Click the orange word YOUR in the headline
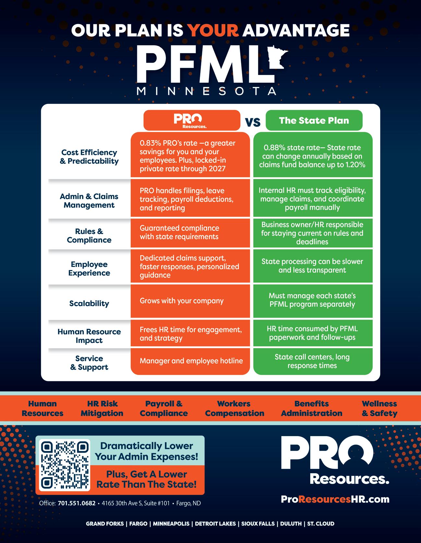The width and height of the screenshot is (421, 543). coord(214,30)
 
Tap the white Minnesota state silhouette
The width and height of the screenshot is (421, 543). coord(276,58)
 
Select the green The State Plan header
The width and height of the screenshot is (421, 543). coord(314,120)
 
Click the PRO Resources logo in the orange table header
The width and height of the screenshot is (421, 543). coord(192,120)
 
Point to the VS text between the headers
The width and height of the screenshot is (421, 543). coord(253,122)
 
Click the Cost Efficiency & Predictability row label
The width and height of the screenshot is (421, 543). coord(89,157)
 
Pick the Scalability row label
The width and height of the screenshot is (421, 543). coord(89,303)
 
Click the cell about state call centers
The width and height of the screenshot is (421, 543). coord(312,361)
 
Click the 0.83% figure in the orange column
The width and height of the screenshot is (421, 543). coord(151,143)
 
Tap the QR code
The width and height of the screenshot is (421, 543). coord(65,465)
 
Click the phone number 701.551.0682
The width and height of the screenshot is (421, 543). coord(77,503)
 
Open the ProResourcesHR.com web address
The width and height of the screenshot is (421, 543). coord(335,499)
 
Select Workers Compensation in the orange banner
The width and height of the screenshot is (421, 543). coord(234,409)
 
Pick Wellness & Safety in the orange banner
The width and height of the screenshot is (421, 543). coord(379,409)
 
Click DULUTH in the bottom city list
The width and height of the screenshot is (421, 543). coord(291,524)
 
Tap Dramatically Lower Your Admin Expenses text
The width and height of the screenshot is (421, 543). coord(146,451)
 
